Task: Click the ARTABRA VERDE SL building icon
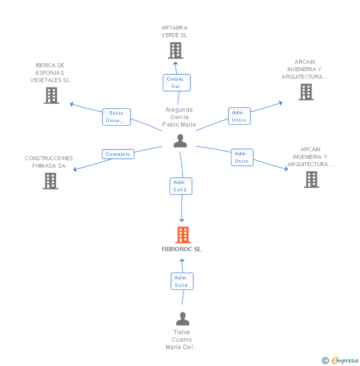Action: tap(175, 50)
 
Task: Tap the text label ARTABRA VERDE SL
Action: tap(174, 32)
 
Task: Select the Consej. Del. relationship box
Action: tap(177, 83)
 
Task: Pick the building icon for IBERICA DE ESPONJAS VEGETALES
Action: tap(51, 95)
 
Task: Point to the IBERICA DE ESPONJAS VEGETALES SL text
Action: tap(50, 73)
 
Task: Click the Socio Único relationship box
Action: tap(117, 117)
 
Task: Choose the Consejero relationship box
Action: tap(118, 154)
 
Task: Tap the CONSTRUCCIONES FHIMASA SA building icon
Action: tap(50, 181)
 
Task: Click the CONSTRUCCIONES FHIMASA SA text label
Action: tap(49, 162)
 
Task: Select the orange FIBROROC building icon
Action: tap(183, 235)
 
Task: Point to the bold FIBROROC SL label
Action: tap(181, 249)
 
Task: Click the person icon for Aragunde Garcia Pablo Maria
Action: tap(180, 141)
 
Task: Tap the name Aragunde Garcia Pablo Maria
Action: tap(179, 117)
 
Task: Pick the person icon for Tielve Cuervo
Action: tap(182, 319)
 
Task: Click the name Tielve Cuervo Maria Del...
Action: tap(181, 340)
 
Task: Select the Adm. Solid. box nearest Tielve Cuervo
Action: tap(181, 281)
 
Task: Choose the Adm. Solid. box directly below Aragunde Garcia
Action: tap(180, 186)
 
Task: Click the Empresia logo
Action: tap(345, 361)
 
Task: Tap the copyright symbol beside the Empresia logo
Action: tap(325, 361)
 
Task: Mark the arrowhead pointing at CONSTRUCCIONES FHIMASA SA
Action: tap(76, 170)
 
